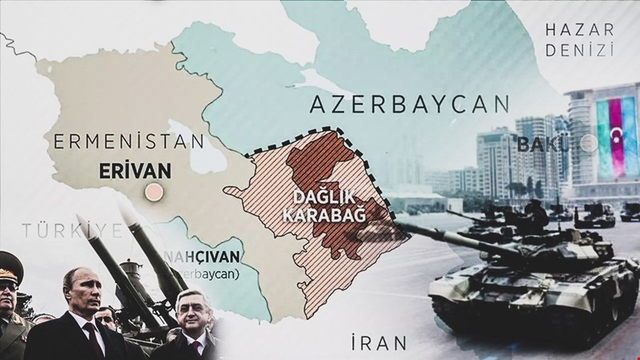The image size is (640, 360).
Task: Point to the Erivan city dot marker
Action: pos(150,192)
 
